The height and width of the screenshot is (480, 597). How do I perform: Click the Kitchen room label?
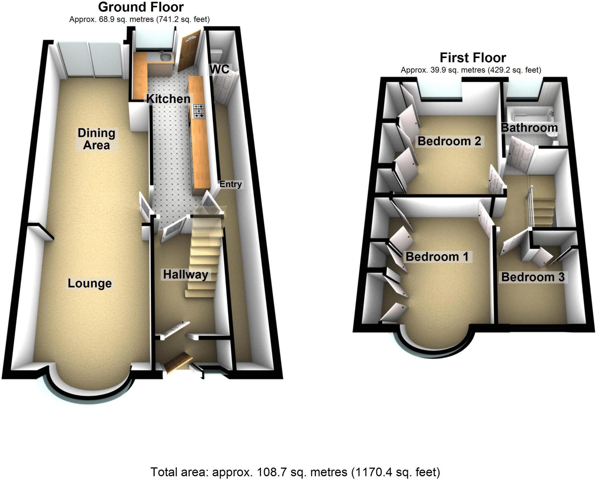pyautogui.click(x=168, y=99)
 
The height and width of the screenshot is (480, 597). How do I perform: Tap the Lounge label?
pyautogui.click(x=89, y=283)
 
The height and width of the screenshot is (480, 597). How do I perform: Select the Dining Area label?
pyautogui.click(x=96, y=139)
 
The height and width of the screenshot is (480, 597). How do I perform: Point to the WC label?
pyautogui.click(x=220, y=69)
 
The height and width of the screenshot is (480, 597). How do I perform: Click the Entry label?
pyautogui.click(x=230, y=184)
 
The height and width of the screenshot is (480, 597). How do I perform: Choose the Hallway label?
pyautogui.click(x=185, y=274)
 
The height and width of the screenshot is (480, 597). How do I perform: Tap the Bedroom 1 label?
pyautogui.click(x=437, y=257)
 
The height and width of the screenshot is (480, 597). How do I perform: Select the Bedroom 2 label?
pyautogui.click(x=449, y=141)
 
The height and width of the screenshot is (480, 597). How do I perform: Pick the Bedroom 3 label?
pyautogui.click(x=533, y=277)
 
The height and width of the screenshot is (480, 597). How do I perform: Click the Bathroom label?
pyautogui.click(x=529, y=128)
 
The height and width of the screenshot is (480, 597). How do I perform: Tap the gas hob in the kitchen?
pyautogui.click(x=199, y=112)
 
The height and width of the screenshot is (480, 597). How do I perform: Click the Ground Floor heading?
pyautogui.click(x=141, y=7)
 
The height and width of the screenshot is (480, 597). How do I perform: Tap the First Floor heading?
pyautogui.click(x=473, y=58)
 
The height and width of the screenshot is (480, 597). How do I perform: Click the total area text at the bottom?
pyautogui.click(x=295, y=472)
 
